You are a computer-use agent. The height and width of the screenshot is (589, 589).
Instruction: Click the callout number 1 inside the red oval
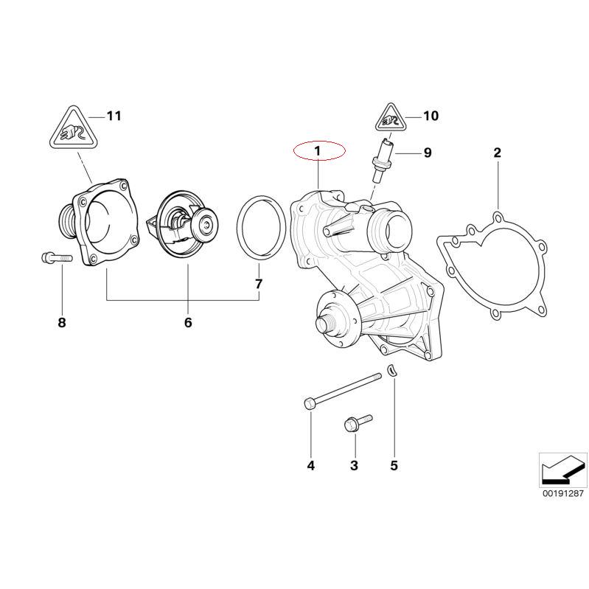[x=318, y=151]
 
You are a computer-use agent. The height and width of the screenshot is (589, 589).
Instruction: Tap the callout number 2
[x=497, y=153]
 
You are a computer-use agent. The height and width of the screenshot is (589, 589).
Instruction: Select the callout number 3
[x=354, y=465]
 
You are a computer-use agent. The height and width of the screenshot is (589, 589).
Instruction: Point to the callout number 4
[x=310, y=465]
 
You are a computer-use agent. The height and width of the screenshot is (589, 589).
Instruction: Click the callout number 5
[x=394, y=465]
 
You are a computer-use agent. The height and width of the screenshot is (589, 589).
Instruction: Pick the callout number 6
[x=187, y=323]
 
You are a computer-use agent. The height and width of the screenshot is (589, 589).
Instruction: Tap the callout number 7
[x=258, y=284]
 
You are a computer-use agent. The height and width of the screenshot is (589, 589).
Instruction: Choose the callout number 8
[x=62, y=323]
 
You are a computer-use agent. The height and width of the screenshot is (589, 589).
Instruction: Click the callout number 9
[x=427, y=153]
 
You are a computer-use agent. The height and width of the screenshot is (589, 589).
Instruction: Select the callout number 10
[x=431, y=116]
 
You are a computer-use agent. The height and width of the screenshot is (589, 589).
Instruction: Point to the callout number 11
[x=114, y=116]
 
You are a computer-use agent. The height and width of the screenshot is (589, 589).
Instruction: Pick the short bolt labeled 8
[x=52, y=258]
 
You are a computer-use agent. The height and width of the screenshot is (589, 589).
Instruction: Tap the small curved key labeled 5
[x=393, y=371]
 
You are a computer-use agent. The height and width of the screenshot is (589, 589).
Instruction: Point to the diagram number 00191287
[x=562, y=495]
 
